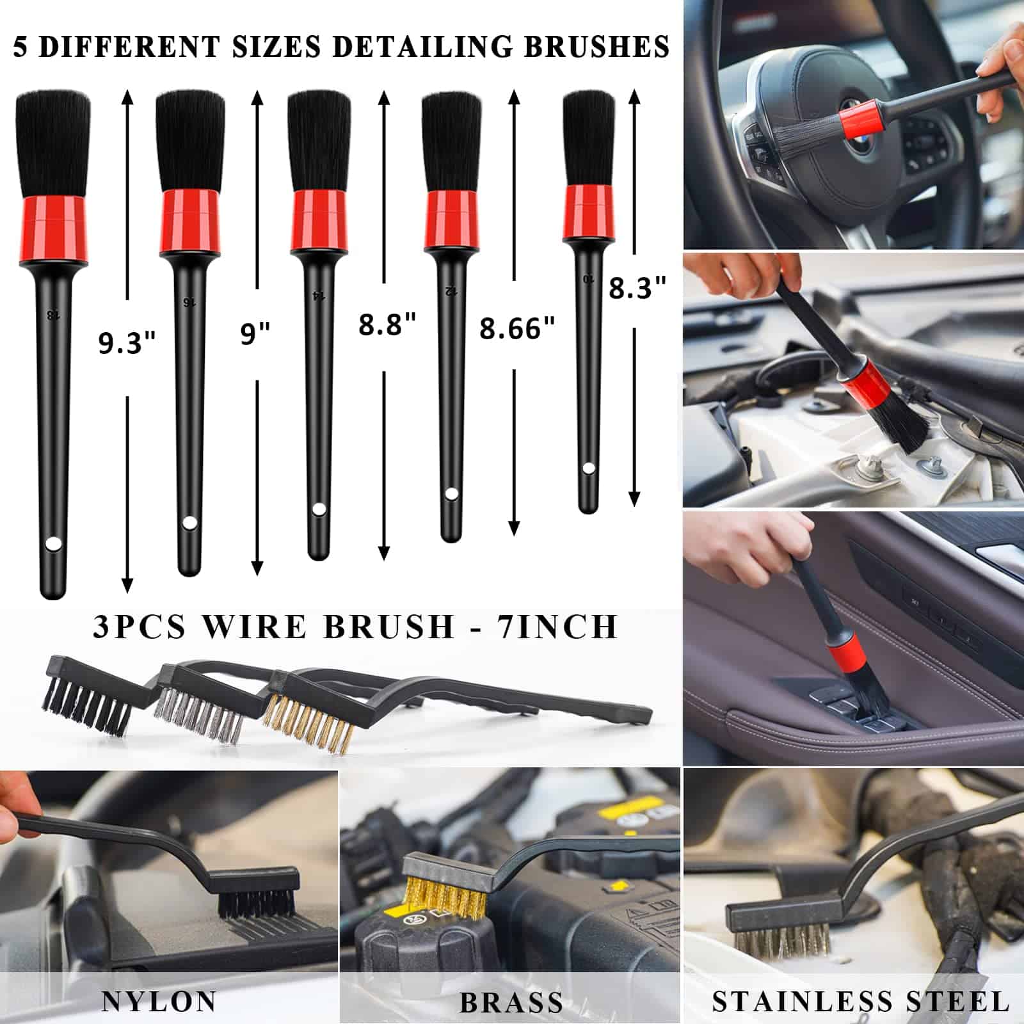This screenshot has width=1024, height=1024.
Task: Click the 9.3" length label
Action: click(127, 343)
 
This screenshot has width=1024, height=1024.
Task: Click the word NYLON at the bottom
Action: click(159, 1001)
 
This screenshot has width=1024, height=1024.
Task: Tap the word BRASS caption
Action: click(511, 1002)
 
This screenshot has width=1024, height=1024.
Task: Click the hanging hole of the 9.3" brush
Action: click(54, 544)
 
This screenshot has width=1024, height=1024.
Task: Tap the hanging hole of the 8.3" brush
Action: click(588, 468)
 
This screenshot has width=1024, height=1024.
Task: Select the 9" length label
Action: click(255, 333)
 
